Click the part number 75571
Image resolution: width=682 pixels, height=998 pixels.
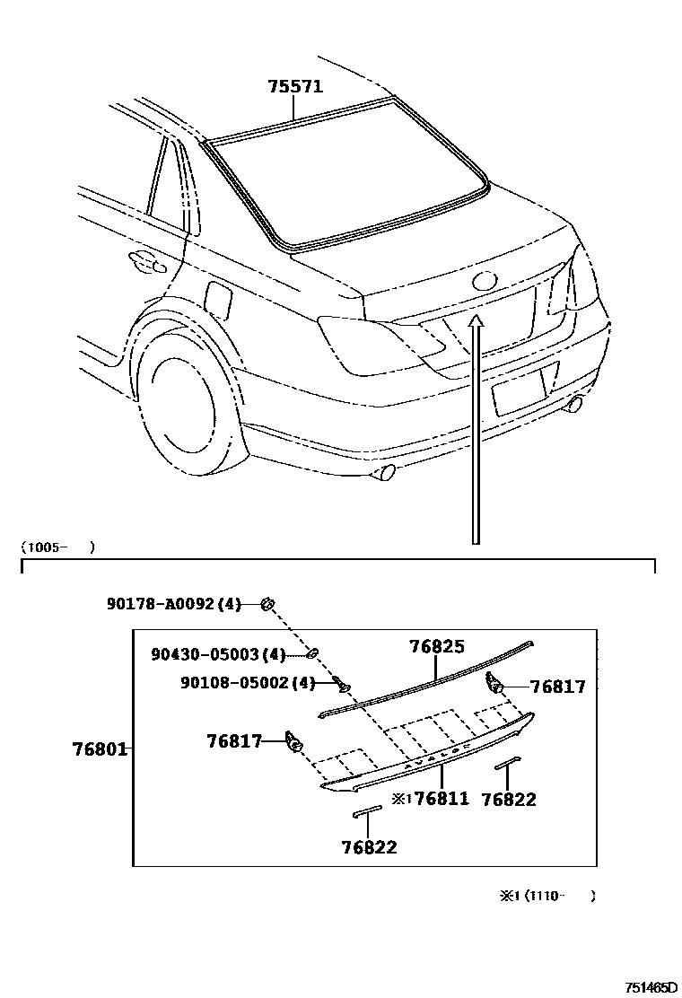(x=295, y=87)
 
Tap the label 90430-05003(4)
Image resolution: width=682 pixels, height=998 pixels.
(x=217, y=654)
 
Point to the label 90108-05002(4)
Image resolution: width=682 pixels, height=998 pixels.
(x=248, y=683)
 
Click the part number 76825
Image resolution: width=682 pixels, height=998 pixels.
(x=437, y=646)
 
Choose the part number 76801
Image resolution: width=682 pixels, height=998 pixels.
(x=100, y=748)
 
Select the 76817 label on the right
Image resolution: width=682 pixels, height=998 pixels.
(x=557, y=687)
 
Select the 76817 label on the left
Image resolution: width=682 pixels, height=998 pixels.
(x=234, y=741)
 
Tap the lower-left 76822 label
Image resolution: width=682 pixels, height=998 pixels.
(x=369, y=846)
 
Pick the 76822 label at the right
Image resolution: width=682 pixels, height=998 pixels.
(x=509, y=800)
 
